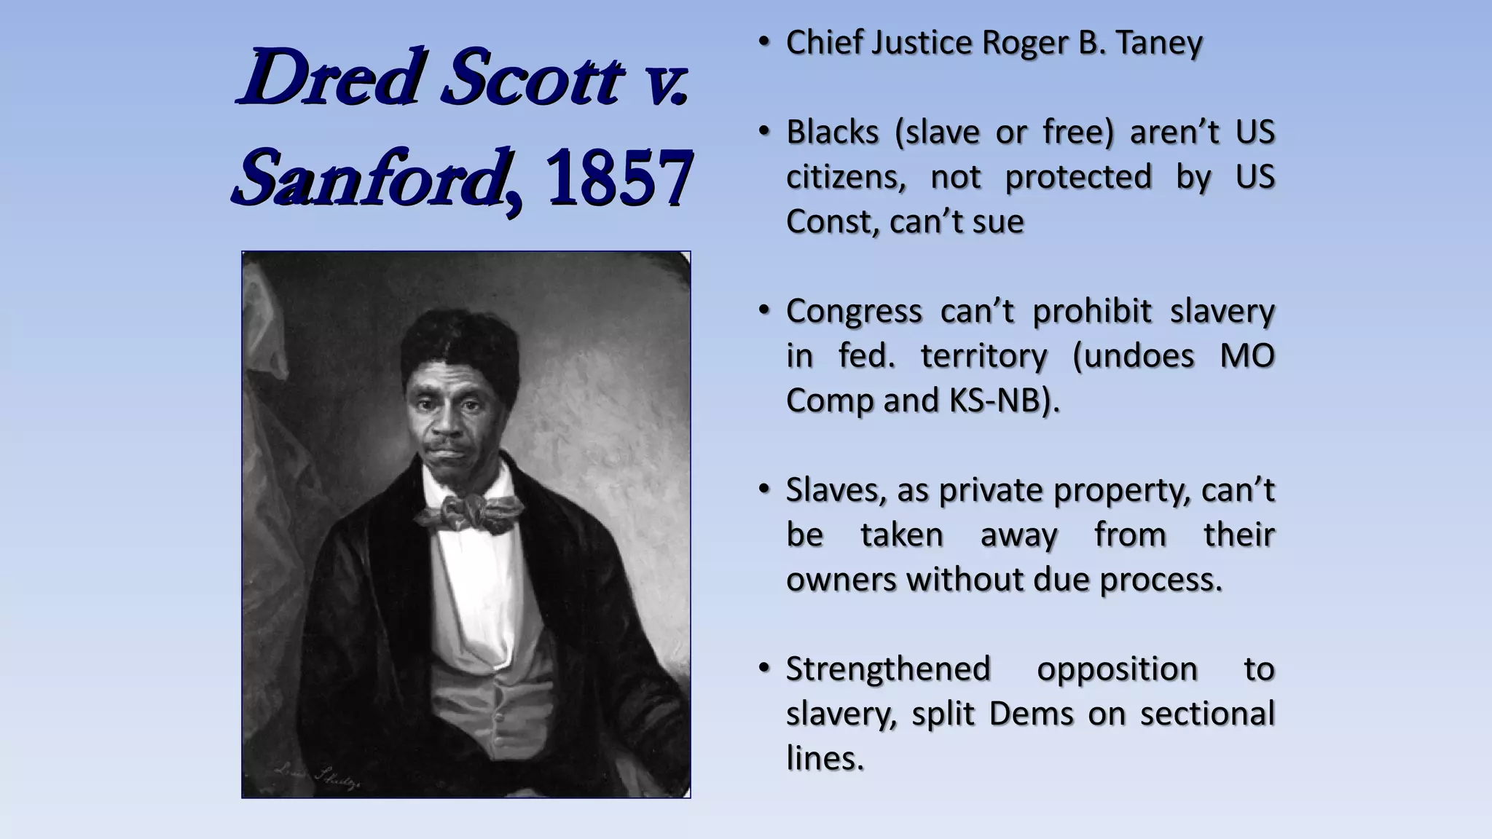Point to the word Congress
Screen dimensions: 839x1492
click(x=853, y=312)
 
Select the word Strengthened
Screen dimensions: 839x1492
click(x=888, y=669)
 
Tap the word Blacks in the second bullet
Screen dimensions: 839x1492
click(x=832, y=133)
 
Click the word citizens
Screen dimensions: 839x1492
click(x=845, y=177)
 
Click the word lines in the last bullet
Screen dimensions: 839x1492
click(x=824, y=758)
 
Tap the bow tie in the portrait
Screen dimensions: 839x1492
click(x=467, y=512)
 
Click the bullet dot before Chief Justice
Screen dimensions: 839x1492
click(x=763, y=42)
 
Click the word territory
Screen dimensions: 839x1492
click(x=983, y=356)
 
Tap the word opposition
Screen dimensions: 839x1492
click(x=1117, y=669)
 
